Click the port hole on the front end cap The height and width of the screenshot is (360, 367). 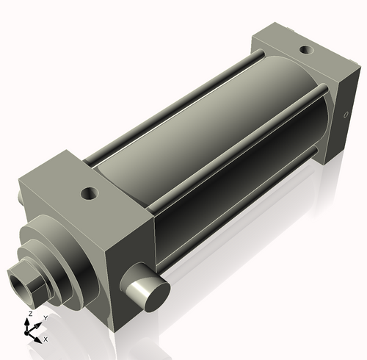pyautogui.click(x=90, y=194)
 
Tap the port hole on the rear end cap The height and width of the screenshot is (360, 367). pyautogui.click(x=305, y=51)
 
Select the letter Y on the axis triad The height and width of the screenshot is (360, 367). pyautogui.click(x=45, y=317)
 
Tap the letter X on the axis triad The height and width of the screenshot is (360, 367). pyautogui.click(x=46, y=339)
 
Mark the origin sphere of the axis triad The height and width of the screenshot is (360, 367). pyautogui.click(x=31, y=331)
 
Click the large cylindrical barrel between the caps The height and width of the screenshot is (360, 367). pyautogui.click(x=213, y=132)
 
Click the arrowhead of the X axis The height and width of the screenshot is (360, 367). pyautogui.click(x=39, y=337)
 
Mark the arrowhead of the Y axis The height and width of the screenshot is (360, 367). pyautogui.click(x=39, y=323)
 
